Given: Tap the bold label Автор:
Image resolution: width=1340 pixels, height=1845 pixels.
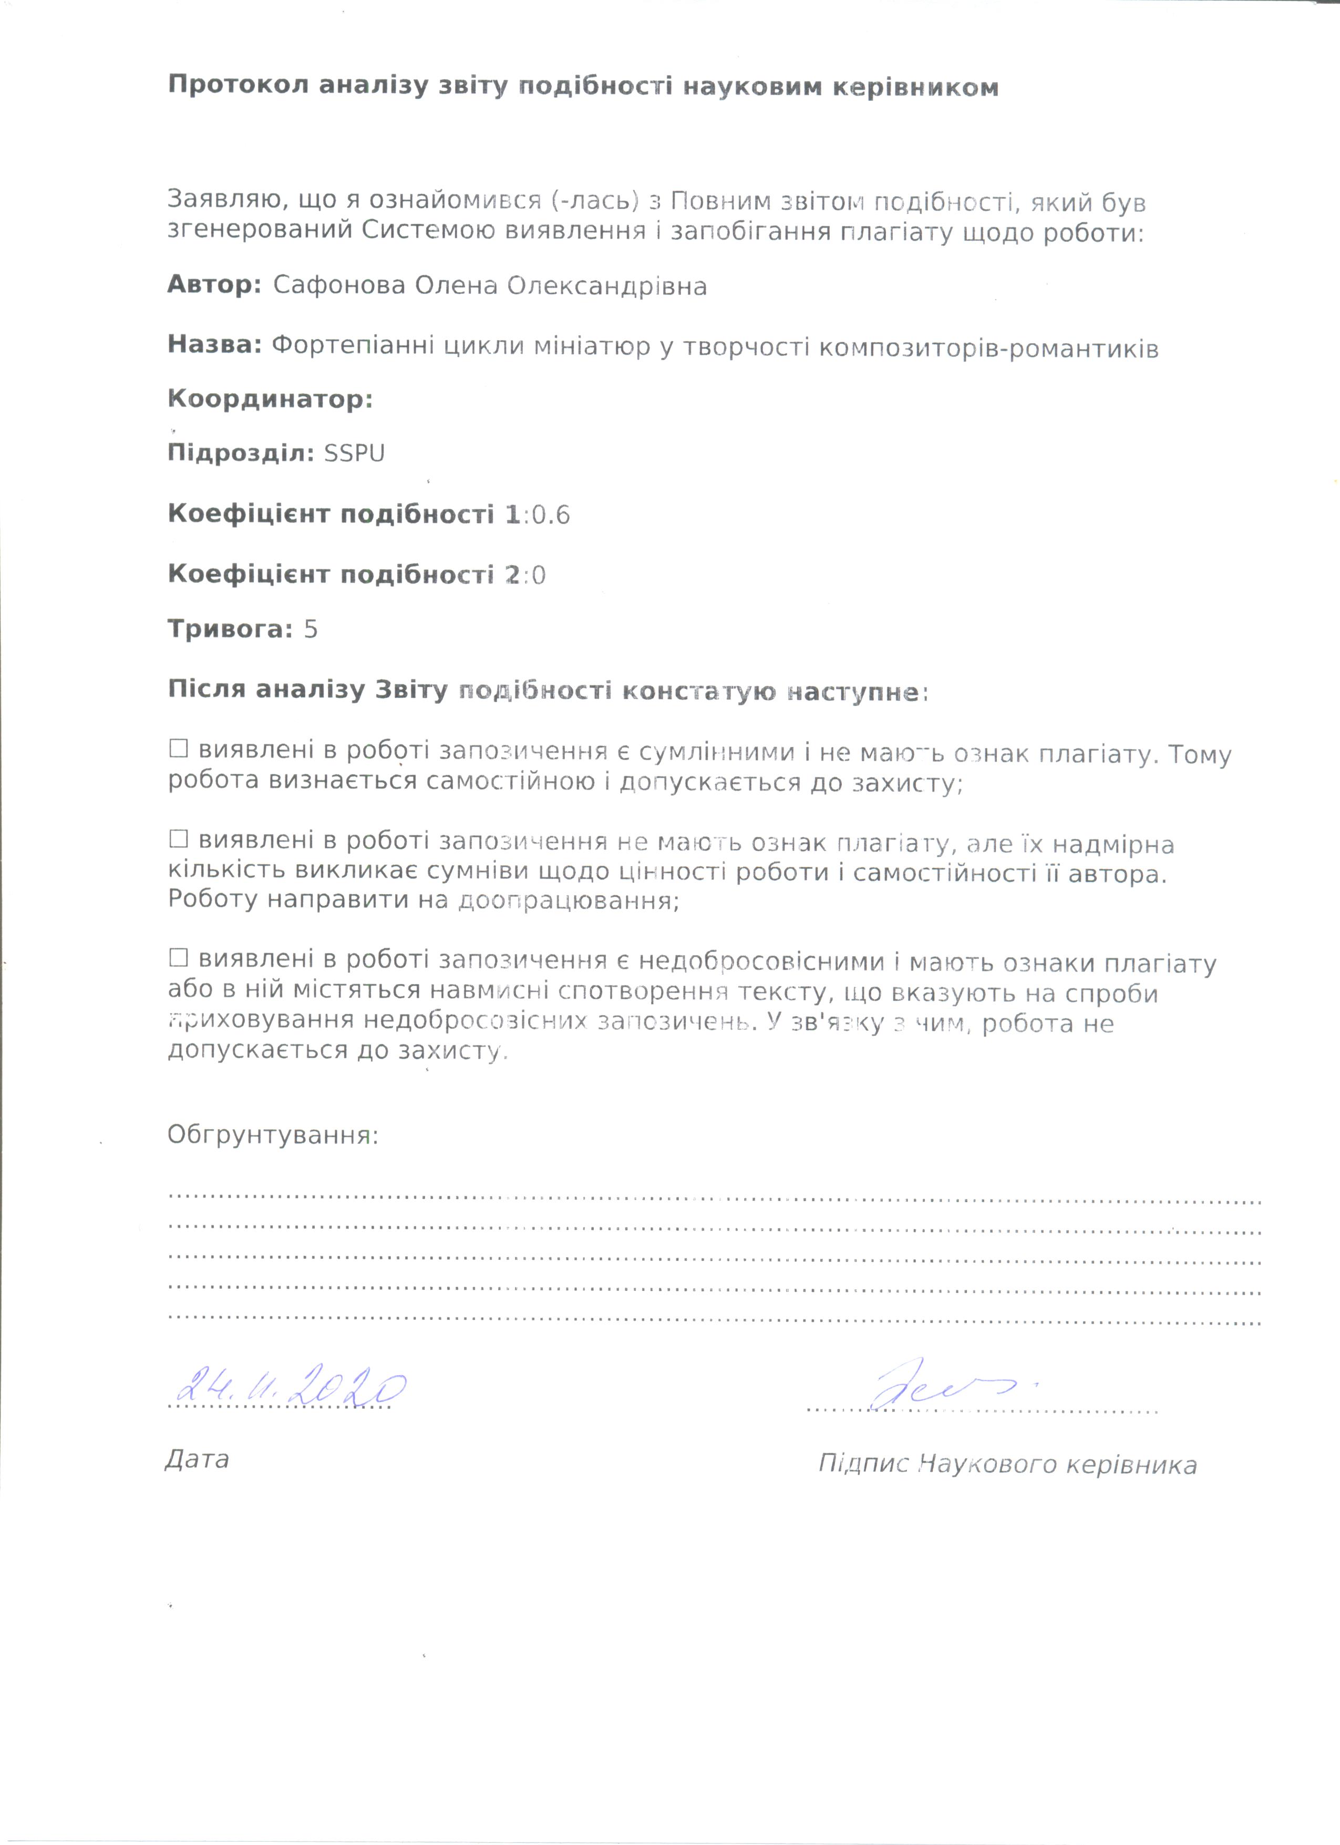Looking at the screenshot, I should coord(214,285).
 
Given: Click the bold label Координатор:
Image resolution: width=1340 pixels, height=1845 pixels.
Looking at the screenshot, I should coord(270,399).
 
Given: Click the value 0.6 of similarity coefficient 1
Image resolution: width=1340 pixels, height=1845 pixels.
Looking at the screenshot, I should coord(551,515).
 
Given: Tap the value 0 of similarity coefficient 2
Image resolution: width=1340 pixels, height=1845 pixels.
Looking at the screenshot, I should coord(538,576).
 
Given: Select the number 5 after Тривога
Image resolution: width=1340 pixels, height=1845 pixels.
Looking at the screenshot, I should coord(310,629).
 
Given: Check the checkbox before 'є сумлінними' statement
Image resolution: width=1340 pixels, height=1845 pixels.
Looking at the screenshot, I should coord(178,749).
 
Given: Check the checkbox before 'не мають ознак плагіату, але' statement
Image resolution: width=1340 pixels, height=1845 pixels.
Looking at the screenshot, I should coord(178,839).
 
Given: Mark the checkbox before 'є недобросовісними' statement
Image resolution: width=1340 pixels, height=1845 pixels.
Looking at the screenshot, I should coord(178,958).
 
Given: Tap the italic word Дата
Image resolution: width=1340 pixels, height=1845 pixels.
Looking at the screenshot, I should coord(197,1459).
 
